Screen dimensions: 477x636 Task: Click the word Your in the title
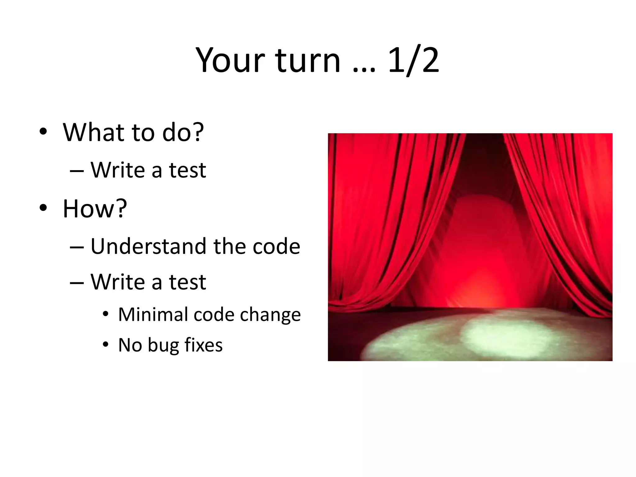(x=230, y=61)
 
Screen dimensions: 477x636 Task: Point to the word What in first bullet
(x=94, y=132)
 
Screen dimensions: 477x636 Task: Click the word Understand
(x=148, y=246)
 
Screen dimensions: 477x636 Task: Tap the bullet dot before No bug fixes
(x=106, y=344)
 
